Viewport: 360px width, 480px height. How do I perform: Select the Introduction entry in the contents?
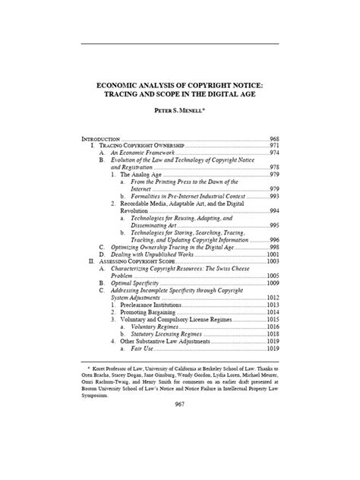100,140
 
